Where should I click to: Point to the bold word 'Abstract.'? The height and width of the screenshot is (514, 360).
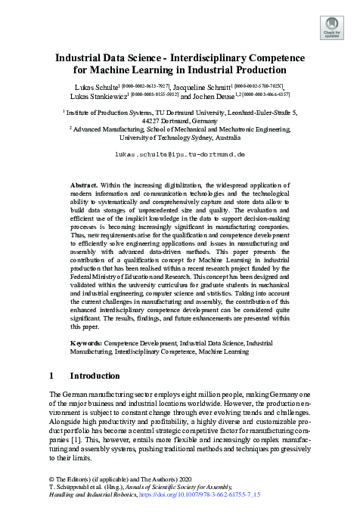point(83,184)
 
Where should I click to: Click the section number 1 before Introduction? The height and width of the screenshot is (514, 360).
point(51,376)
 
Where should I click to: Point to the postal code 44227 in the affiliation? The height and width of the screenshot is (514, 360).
point(154,119)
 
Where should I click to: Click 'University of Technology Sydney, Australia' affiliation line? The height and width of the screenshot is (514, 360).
point(179,138)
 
